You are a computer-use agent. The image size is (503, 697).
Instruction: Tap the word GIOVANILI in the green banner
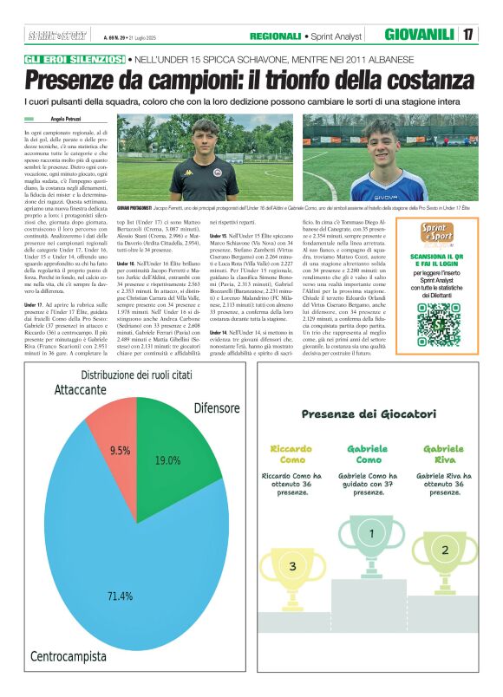click(x=420, y=35)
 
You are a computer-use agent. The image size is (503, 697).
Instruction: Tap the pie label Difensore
click(x=216, y=407)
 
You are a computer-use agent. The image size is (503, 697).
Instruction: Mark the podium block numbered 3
click(x=292, y=566)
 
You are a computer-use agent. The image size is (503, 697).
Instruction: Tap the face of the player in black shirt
click(x=204, y=139)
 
